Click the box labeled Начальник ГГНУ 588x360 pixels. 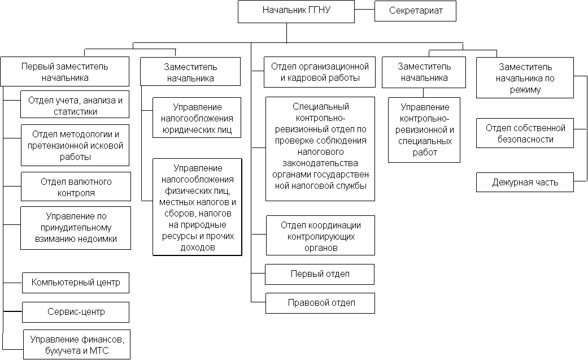[x=296, y=12]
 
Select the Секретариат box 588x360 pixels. [x=416, y=11]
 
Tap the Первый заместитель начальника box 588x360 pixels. [x=65, y=72]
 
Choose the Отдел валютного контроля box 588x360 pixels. [x=76, y=186]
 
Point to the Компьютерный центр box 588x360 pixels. [x=76, y=283]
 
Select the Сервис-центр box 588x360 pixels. [x=76, y=312]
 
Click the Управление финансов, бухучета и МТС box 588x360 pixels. [x=77, y=345]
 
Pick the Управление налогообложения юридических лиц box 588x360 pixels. [x=197, y=118]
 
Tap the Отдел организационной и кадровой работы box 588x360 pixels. [x=320, y=72]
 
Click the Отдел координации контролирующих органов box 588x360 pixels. [x=321, y=235]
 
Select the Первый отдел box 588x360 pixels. [x=320, y=275]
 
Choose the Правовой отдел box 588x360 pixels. [x=321, y=303]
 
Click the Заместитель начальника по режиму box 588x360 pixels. [x=525, y=77]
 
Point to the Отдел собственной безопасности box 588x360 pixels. [x=525, y=133]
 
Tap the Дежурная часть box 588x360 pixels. [x=525, y=183]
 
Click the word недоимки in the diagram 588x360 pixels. [x=95, y=238]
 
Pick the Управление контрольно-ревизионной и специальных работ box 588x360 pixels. [x=424, y=130]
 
